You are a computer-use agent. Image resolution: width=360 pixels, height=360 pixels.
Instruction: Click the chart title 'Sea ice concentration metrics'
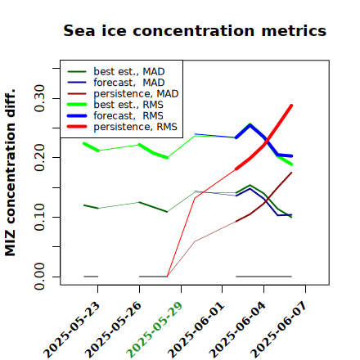[x=195, y=30]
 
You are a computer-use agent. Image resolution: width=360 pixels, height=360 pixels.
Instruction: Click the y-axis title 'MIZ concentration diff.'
[x=10, y=173]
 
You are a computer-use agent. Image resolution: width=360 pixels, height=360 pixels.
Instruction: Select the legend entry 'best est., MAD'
[x=116, y=72]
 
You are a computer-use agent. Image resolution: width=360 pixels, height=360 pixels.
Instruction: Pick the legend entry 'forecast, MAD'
[x=116, y=83]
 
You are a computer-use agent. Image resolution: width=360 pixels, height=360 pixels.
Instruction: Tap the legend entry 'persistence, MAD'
[x=123, y=94]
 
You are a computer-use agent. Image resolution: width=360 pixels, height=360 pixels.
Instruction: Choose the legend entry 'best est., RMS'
[x=115, y=105]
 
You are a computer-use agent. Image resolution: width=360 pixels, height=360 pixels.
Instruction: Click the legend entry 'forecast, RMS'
[x=115, y=116]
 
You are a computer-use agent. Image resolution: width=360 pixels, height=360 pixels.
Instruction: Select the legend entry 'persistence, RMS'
[x=122, y=127]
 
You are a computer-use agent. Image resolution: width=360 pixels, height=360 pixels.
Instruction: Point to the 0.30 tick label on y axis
[x=39, y=98]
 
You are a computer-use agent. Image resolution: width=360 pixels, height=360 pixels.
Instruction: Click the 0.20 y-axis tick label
[x=39, y=158]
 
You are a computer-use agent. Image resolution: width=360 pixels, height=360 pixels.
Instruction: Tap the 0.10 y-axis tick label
[x=39, y=217]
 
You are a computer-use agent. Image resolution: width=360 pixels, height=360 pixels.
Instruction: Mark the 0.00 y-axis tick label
[x=39, y=277]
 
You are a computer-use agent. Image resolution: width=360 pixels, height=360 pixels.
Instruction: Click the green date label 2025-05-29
[x=155, y=330]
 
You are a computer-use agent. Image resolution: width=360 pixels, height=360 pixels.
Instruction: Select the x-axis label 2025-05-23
[x=71, y=330]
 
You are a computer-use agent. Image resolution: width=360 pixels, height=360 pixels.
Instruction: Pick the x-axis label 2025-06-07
[x=279, y=330]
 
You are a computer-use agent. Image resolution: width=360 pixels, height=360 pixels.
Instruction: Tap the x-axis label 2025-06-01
[x=196, y=330]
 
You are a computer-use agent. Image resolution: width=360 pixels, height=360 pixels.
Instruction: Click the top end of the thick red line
[x=291, y=106]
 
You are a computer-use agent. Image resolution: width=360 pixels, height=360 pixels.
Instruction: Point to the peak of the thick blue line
[x=250, y=125]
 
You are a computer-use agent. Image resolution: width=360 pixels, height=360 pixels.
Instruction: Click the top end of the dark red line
[x=292, y=173]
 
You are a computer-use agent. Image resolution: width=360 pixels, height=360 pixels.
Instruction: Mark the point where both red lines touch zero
[x=167, y=277]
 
